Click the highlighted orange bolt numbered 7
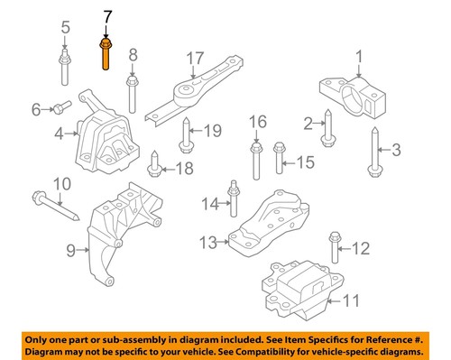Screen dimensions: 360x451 point(106,53)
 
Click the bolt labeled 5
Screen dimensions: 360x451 point(65,67)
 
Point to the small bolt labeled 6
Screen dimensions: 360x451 point(59,108)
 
